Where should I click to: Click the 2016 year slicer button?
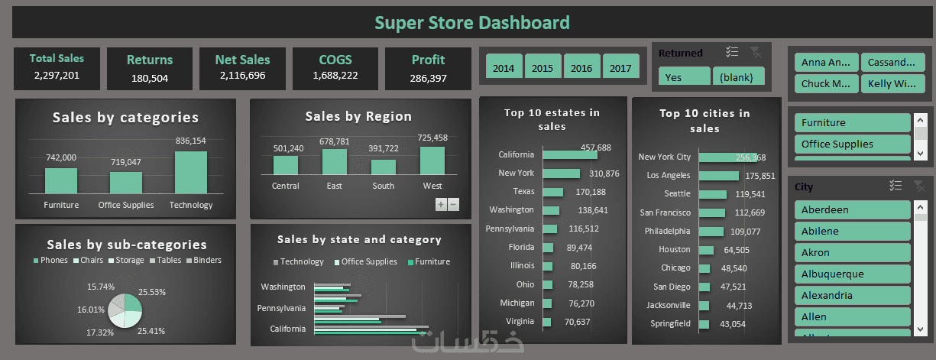tap(581, 67)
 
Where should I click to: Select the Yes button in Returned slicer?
tap(684, 77)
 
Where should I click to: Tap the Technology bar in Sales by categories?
tap(190, 173)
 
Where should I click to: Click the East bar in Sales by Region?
tap(334, 162)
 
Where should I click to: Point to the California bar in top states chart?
tap(570, 154)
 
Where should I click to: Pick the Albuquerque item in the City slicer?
tap(852, 274)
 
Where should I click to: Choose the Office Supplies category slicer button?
tap(852, 144)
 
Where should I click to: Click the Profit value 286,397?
tap(428, 78)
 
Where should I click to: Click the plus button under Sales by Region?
tap(441, 204)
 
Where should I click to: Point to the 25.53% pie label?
tap(152, 292)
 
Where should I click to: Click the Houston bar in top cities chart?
tap(705, 250)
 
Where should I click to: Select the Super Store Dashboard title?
tap(472, 22)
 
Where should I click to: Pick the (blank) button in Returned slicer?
tap(737, 77)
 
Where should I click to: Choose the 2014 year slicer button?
tap(504, 67)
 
